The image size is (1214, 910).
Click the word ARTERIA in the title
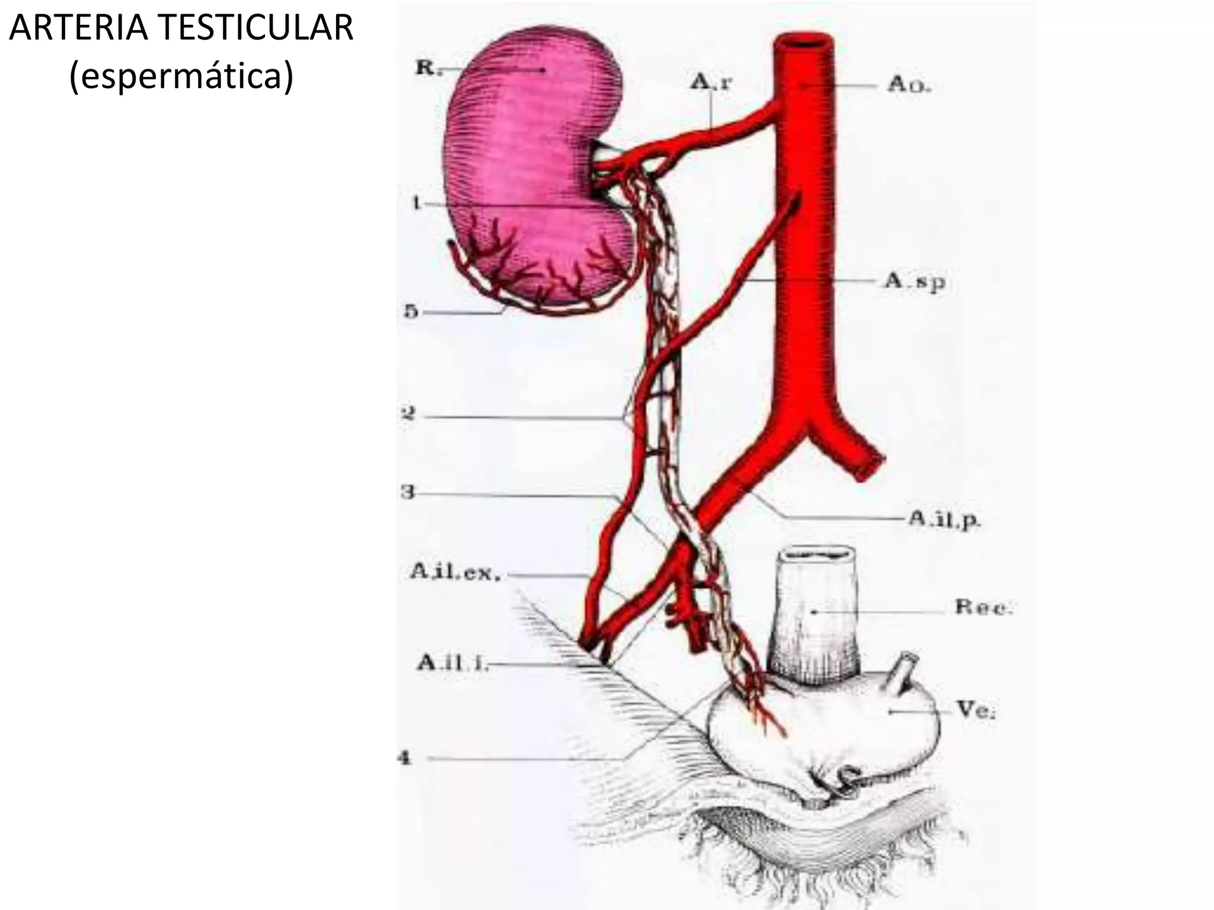pos(78,28)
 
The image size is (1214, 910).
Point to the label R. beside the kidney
pos(426,68)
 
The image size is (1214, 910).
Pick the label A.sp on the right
pos(915,282)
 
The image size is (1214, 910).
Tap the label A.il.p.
pos(944,520)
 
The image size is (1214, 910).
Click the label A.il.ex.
pos(455,572)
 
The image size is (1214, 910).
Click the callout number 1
pos(417,204)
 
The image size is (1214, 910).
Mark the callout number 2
pos(408,414)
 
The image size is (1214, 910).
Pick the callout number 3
pos(407,492)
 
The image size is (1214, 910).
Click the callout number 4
pos(404,758)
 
